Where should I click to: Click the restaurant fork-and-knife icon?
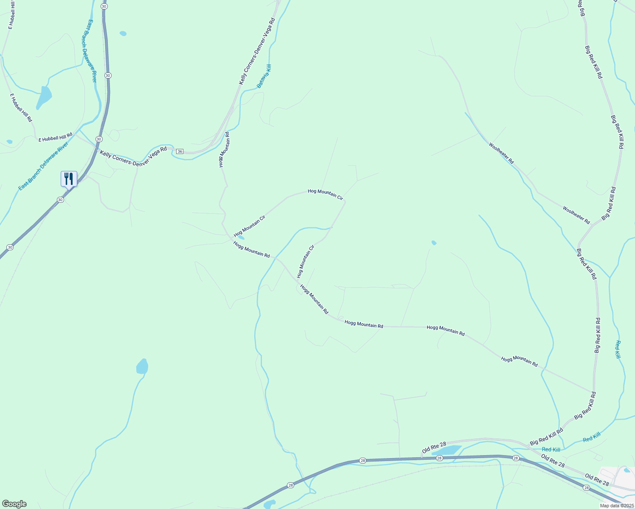pos(69,178)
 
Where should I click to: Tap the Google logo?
pos(14,504)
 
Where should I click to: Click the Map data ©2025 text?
pos(616,506)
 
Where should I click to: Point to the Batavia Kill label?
pos(264,76)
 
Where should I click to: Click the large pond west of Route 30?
pos(44,96)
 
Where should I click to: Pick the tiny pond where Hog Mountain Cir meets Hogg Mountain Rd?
pos(241,238)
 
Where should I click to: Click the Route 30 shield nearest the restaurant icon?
pos(61,200)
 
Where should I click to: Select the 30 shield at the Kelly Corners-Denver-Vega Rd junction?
pos(99,139)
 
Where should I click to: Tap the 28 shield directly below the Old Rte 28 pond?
pos(439,458)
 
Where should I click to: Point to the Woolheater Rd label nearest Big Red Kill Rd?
pos(576,215)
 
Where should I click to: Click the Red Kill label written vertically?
pos(618,350)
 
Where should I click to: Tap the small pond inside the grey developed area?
pos(627,470)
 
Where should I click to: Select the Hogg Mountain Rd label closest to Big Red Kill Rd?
pos(519,361)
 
